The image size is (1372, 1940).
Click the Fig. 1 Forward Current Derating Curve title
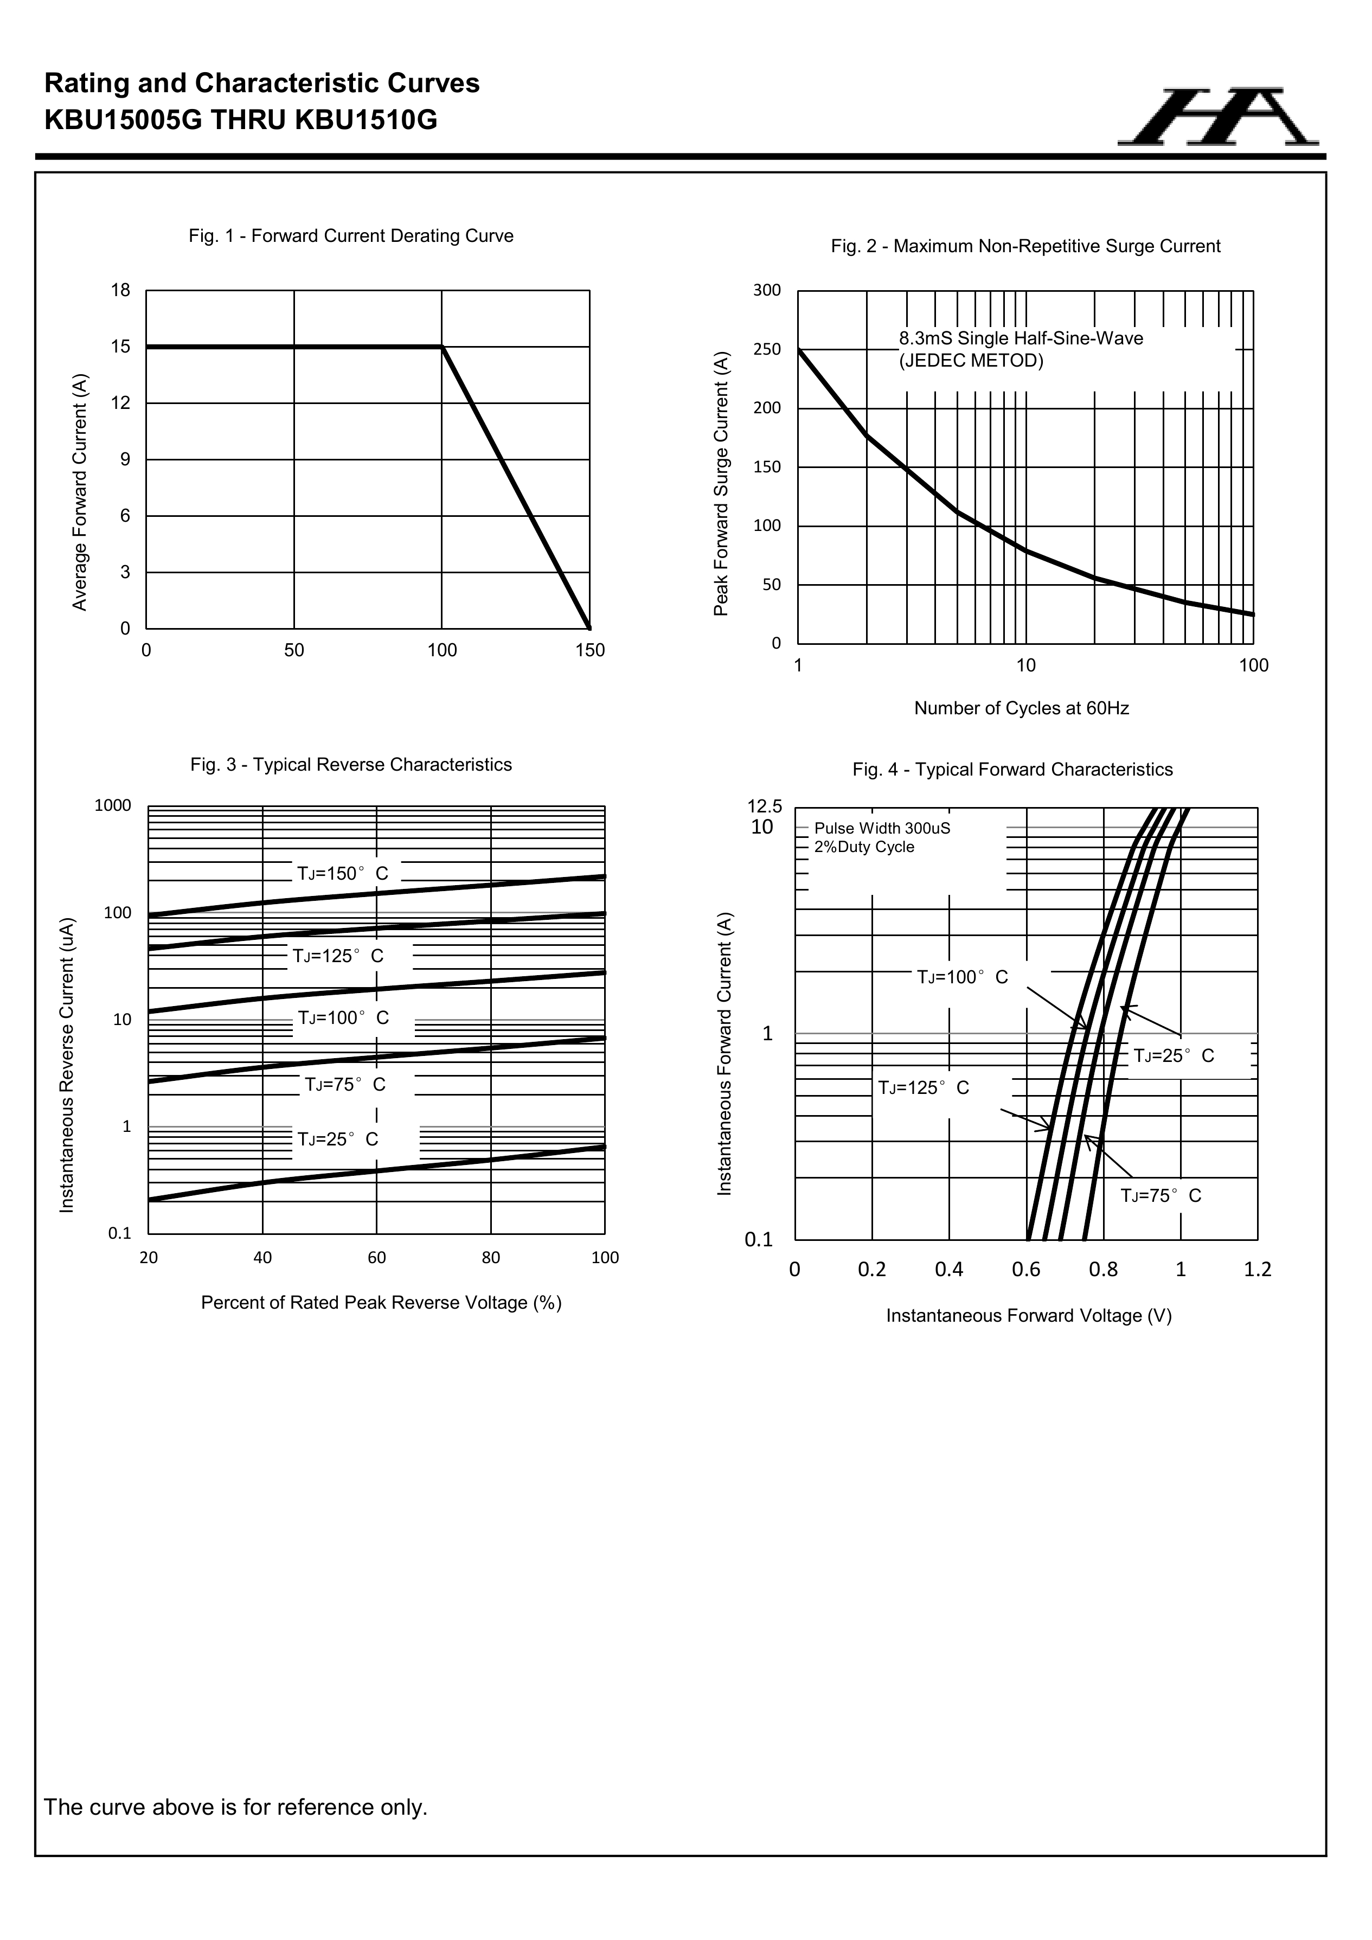pos(351,236)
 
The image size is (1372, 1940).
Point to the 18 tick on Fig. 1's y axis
pos(121,291)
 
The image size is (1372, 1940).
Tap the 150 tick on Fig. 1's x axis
pos(589,651)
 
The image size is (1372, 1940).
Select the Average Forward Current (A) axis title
pos(80,492)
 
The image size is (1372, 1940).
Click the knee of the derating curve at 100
pos(442,347)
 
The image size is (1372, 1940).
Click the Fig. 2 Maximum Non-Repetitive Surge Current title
pos(1025,246)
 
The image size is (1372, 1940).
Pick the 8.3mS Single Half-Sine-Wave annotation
pos(1021,339)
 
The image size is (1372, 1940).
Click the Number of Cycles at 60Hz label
pos(1021,708)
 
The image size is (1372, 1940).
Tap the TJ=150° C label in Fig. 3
pos(342,874)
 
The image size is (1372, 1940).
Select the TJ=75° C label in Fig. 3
pos(345,1084)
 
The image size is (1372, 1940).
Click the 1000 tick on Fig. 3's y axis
pos(113,805)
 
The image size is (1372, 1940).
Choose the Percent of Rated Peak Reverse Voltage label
pos(381,1303)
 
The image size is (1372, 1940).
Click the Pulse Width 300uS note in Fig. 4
pos(882,828)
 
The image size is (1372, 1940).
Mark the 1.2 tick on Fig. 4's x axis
pos(1257,1269)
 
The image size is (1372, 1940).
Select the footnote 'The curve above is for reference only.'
pos(236,1807)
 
